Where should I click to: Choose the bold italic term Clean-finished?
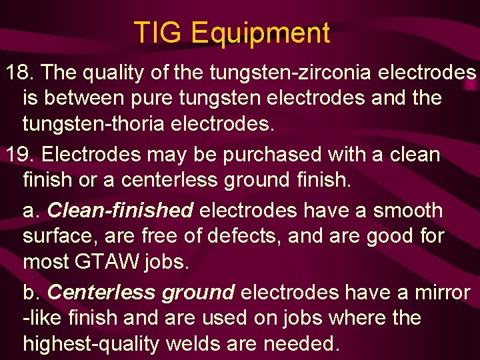(x=121, y=210)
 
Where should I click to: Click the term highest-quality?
(x=91, y=343)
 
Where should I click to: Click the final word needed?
(x=303, y=343)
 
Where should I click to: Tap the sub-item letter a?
(x=31, y=210)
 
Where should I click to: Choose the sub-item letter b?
(x=31, y=292)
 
